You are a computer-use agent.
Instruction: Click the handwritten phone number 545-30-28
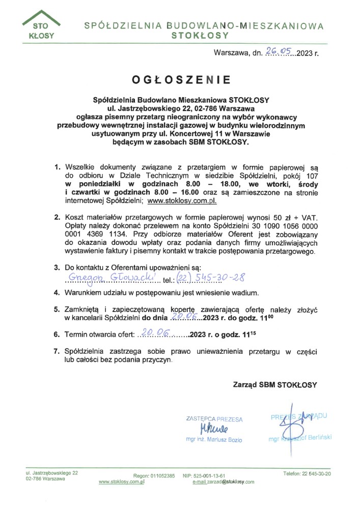[216, 277]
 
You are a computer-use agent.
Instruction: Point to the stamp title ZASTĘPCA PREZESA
[214, 419]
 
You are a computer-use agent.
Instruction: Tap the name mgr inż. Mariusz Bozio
[214, 439]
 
